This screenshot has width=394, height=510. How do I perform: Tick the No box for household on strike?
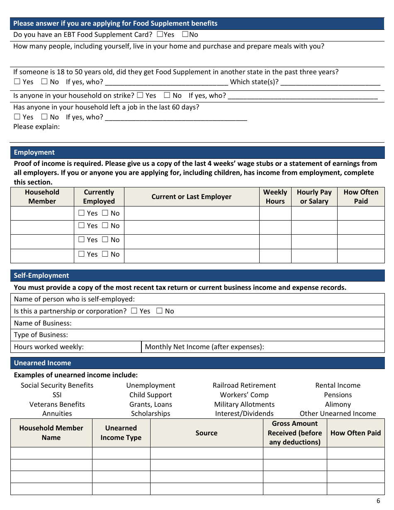pyautogui.click(x=167, y=95)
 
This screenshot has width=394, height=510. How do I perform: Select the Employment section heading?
pyautogui.click(x=34, y=152)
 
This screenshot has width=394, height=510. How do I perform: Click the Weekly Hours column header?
pyautogui.click(x=275, y=197)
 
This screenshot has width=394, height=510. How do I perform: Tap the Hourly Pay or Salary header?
pyautogui.click(x=314, y=197)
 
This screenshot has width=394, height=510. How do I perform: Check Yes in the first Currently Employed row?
pyautogui.click(x=81, y=213)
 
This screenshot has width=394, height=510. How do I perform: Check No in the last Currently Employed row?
pyautogui.click(x=105, y=254)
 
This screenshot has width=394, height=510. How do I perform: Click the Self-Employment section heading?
pyautogui.click(x=41, y=275)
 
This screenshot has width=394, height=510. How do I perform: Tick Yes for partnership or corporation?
pyautogui.click(x=134, y=311)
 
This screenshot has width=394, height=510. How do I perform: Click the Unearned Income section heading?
pyautogui.click(x=42, y=363)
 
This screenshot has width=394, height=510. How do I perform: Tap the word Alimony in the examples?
pyautogui.click(x=338, y=404)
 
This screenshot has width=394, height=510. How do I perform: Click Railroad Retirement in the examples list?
pyautogui.click(x=244, y=385)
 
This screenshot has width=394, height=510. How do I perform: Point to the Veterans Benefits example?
pyautogui.click(x=57, y=404)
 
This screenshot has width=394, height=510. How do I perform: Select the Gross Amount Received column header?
pyautogui.click(x=294, y=432)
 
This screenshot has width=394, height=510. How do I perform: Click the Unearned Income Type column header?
pyautogui.click(x=121, y=432)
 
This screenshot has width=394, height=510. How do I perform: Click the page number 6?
pyautogui.click(x=378, y=501)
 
